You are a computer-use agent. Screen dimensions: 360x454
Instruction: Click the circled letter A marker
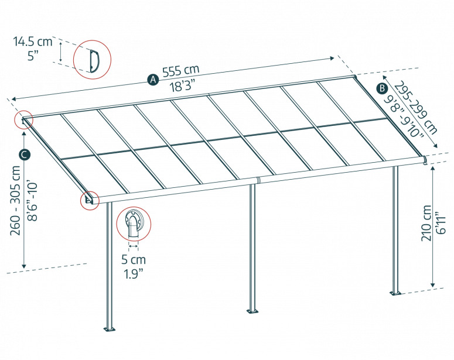click(x=153, y=80)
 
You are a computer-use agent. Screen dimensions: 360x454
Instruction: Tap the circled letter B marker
click(x=381, y=88)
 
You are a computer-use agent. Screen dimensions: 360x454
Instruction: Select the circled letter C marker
click(x=24, y=155)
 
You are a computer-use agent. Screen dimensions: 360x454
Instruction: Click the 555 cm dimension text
click(x=180, y=71)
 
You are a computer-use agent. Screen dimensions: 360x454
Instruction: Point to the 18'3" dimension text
click(x=182, y=83)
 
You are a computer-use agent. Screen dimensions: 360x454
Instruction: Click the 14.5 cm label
click(x=33, y=42)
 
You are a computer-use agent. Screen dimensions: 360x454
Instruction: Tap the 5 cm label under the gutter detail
click(x=134, y=259)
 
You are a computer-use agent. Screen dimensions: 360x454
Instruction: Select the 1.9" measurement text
click(x=134, y=272)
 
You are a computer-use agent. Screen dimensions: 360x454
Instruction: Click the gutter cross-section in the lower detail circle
click(x=134, y=225)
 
